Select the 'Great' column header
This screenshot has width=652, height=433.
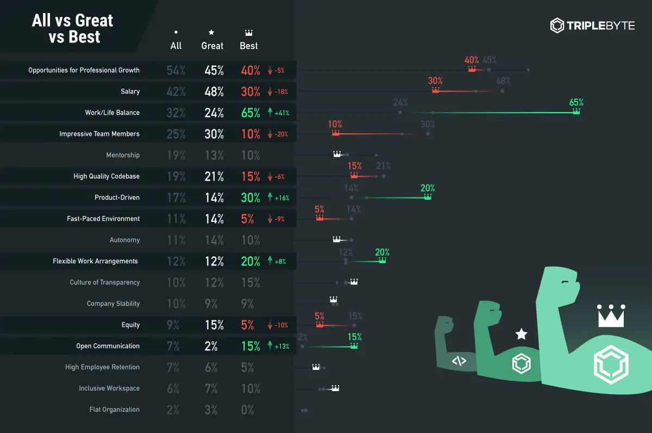[x=212, y=46]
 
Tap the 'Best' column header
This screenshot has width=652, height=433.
[x=249, y=46]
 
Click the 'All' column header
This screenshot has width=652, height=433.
[x=176, y=46]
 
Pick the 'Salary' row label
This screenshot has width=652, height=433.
[x=130, y=91]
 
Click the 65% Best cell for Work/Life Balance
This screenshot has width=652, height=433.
[x=250, y=113]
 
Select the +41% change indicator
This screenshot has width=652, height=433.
[x=279, y=113]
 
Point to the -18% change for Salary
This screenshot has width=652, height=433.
[x=278, y=92]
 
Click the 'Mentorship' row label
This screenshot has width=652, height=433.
[x=123, y=155]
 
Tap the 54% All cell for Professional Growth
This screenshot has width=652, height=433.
[x=176, y=70]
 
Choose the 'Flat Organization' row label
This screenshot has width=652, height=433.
[x=115, y=410]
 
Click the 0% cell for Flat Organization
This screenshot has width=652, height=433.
[x=247, y=410]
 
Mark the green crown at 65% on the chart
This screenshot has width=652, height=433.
[x=576, y=111]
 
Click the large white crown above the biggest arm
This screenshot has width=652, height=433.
[x=611, y=316]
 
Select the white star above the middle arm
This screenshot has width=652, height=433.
[x=522, y=334]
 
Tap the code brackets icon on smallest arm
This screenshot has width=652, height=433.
[x=459, y=360]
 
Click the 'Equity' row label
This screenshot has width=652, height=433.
[x=130, y=325]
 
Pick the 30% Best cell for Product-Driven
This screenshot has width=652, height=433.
[x=250, y=198]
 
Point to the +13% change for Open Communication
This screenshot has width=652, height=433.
[x=279, y=346]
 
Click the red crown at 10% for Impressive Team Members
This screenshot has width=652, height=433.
[x=335, y=133]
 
